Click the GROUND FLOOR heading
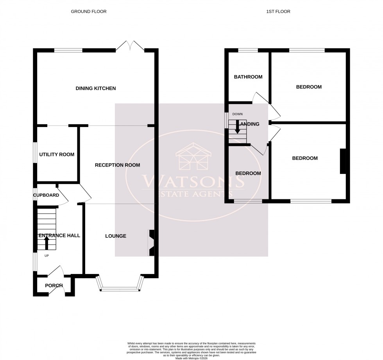(88, 12)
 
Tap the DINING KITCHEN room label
(96, 88)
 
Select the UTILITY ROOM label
(57, 154)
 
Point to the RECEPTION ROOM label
(117, 165)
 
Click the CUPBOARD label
(46, 195)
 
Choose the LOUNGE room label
(116, 236)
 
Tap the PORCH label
(54, 285)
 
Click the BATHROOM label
(248, 77)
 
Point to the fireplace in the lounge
(151, 243)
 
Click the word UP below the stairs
(47, 256)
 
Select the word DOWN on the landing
(237, 114)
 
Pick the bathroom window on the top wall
(248, 50)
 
